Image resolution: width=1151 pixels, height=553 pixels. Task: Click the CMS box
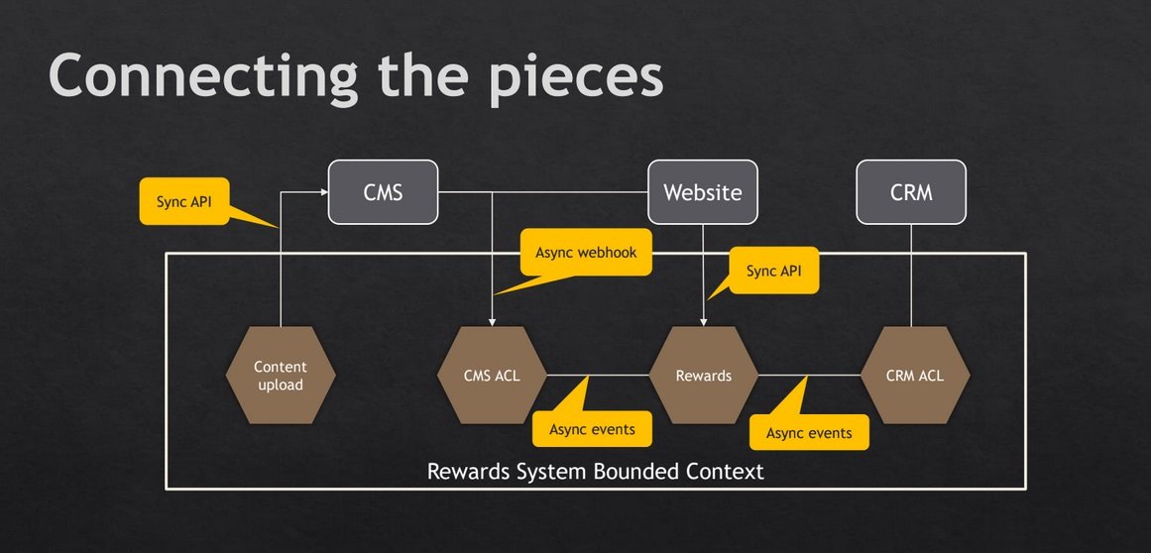click(384, 192)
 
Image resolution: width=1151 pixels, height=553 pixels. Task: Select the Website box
click(703, 192)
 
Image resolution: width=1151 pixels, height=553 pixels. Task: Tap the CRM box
click(911, 192)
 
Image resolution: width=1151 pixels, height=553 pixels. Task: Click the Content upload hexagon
click(281, 375)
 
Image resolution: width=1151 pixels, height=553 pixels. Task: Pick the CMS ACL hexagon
click(492, 375)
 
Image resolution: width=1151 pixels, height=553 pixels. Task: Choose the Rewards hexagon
click(703, 375)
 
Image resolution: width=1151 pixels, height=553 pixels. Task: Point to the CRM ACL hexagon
click(915, 375)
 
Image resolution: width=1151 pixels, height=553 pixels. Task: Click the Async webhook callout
click(585, 253)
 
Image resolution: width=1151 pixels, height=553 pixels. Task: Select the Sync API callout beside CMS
click(184, 201)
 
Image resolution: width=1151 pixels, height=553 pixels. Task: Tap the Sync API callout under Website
click(773, 271)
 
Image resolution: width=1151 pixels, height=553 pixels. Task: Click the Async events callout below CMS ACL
click(592, 429)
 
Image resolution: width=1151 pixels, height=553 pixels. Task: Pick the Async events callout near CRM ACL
click(809, 433)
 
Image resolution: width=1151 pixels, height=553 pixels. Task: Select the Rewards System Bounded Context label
click(595, 470)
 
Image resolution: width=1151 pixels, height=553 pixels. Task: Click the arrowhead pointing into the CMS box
click(324, 192)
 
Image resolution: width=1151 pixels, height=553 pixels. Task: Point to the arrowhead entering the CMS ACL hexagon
click(492, 322)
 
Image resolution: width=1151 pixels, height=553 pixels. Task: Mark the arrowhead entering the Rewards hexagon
click(703, 322)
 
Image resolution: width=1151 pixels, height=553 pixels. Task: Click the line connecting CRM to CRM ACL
click(911, 276)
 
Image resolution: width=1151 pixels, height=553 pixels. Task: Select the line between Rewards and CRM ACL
click(810, 375)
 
